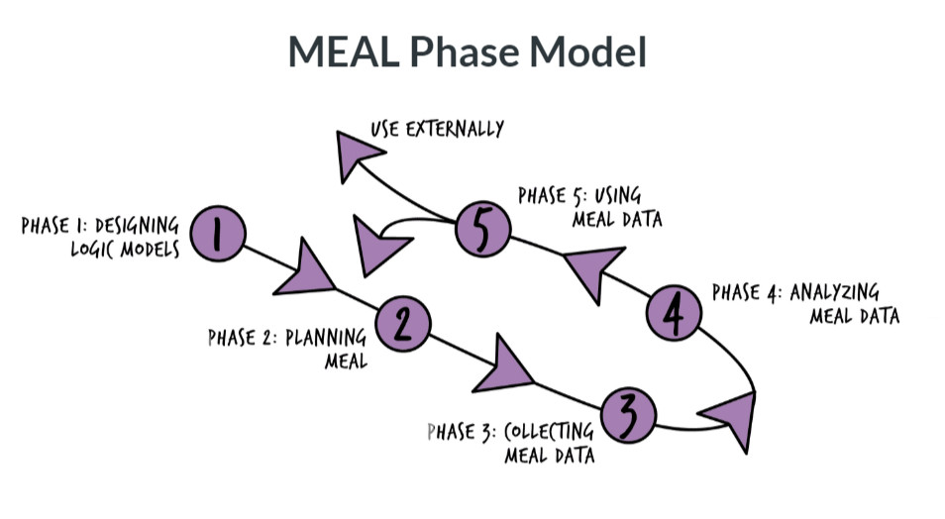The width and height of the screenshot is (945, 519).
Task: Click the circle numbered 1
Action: pyautogui.click(x=215, y=234)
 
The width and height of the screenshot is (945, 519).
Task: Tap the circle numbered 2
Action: pyautogui.click(x=401, y=321)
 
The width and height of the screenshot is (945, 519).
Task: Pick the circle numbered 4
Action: pyautogui.click(x=674, y=315)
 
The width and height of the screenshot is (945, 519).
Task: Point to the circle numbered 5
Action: pyautogui.click(x=483, y=231)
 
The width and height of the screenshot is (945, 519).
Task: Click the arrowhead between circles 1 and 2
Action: pyautogui.click(x=304, y=272)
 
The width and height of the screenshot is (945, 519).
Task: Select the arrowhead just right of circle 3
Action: pyautogui.click(x=730, y=416)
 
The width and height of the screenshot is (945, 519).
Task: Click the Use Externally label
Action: pyautogui.click(x=437, y=129)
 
